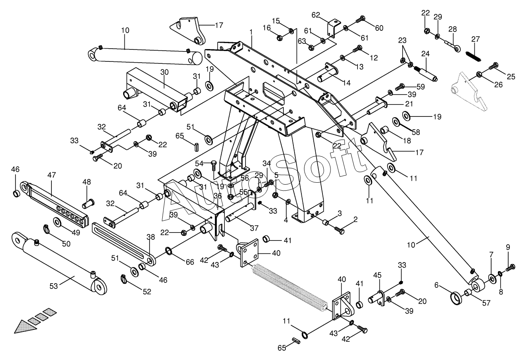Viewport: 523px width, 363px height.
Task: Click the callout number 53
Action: [x=53, y=286]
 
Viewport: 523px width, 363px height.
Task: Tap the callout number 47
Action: [x=51, y=175]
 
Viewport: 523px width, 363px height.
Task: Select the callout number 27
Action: [x=476, y=39]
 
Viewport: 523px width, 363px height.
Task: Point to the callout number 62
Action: [x=316, y=15]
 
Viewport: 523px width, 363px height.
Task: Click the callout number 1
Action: [x=251, y=32]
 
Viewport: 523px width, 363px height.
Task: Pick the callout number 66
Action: [x=190, y=262]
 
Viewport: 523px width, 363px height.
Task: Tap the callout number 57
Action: [x=486, y=303]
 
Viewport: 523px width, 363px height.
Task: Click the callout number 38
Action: [x=151, y=237]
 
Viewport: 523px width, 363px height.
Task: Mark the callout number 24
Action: [x=425, y=54]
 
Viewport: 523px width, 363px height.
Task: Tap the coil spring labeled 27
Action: [x=473, y=57]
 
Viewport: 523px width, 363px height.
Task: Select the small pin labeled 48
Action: [x=88, y=203]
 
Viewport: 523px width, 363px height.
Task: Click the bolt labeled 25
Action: [x=494, y=66]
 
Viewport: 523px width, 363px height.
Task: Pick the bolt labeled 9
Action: [x=510, y=267]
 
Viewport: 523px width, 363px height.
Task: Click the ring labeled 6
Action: [x=456, y=298]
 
